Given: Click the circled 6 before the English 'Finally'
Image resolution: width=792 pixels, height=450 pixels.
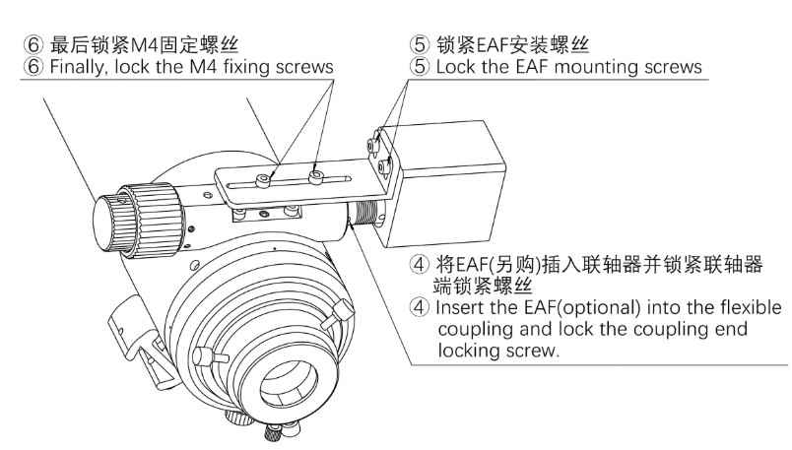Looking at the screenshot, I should click(16, 66).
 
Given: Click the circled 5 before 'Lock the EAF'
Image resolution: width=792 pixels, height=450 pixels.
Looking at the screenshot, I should click(420, 66).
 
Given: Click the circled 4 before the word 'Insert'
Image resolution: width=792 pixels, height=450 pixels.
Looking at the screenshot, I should click(420, 308).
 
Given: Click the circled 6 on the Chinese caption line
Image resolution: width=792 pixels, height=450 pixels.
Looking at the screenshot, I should click(16, 43).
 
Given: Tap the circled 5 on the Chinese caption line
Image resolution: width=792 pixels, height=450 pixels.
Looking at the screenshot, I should click(420, 43).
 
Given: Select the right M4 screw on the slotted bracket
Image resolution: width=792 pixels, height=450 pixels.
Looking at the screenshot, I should click(316, 174).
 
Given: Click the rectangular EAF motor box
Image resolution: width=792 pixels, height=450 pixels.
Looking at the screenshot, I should click(443, 182).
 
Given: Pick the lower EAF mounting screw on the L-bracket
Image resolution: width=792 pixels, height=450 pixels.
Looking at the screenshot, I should click(382, 168).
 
